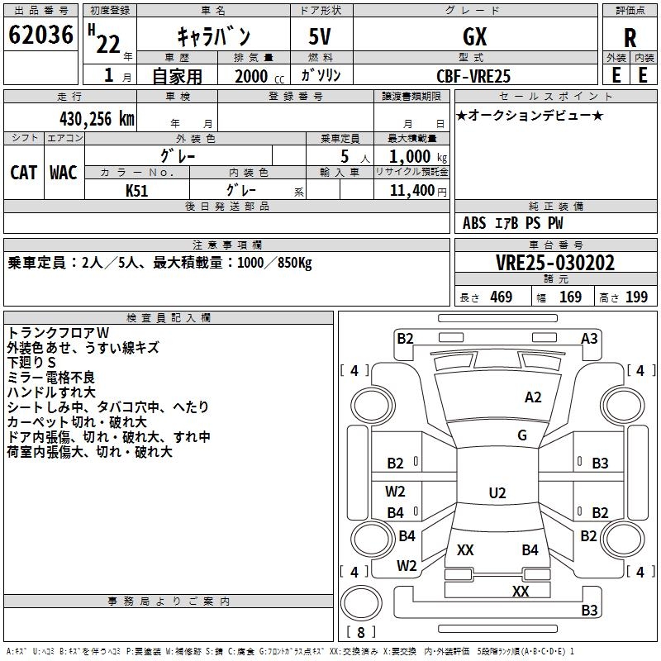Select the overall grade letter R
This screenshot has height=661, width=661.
tap(630, 38)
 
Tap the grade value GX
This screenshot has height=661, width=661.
tap(474, 37)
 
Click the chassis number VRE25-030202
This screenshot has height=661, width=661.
tap(554, 263)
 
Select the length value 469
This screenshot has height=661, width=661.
tap(501, 297)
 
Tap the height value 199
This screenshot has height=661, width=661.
tap(636, 297)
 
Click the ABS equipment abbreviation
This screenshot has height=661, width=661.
tap(474, 223)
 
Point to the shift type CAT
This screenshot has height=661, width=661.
tap(23, 172)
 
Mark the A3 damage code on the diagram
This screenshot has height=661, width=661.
tap(589, 338)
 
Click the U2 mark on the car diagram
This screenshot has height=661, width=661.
tap(497, 493)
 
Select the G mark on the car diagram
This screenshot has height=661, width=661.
tap(521, 435)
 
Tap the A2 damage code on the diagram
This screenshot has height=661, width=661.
tap(533, 397)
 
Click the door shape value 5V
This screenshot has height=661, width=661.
tap(321, 37)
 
